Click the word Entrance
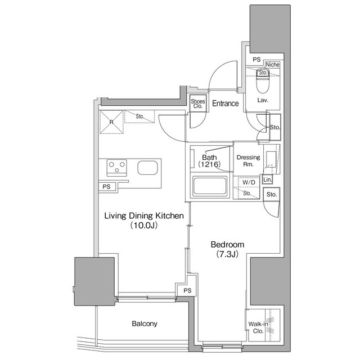[226, 103]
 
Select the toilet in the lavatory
[262, 84]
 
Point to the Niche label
[273, 65]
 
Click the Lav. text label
[262, 100]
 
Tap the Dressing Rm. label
[248, 161]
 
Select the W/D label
[248, 183]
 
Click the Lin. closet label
[267, 180]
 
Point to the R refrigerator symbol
[111, 121]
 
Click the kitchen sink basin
[147, 167]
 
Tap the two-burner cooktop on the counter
[118, 167]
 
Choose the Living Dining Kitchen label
[144, 215]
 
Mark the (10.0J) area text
[144, 226]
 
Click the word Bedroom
[227, 245]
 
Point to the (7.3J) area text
[227, 254]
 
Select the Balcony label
[145, 324]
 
